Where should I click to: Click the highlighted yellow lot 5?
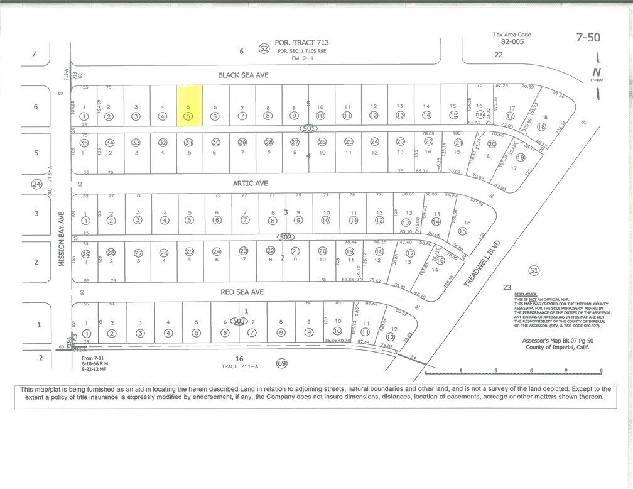(189, 107)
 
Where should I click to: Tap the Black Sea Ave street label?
(243, 75)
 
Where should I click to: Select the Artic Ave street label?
(250, 184)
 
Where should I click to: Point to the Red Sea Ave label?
(242, 292)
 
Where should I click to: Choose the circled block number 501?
(308, 128)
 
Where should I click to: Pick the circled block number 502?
(286, 237)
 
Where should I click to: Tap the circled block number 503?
(238, 321)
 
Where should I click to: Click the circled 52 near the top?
(264, 49)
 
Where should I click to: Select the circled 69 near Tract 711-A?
(281, 363)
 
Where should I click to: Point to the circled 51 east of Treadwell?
(534, 271)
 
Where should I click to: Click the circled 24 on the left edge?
(36, 184)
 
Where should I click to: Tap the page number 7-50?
(588, 37)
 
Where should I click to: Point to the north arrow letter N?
(597, 72)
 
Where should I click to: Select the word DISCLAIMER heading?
(526, 294)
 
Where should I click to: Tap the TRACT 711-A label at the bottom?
(240, 367)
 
